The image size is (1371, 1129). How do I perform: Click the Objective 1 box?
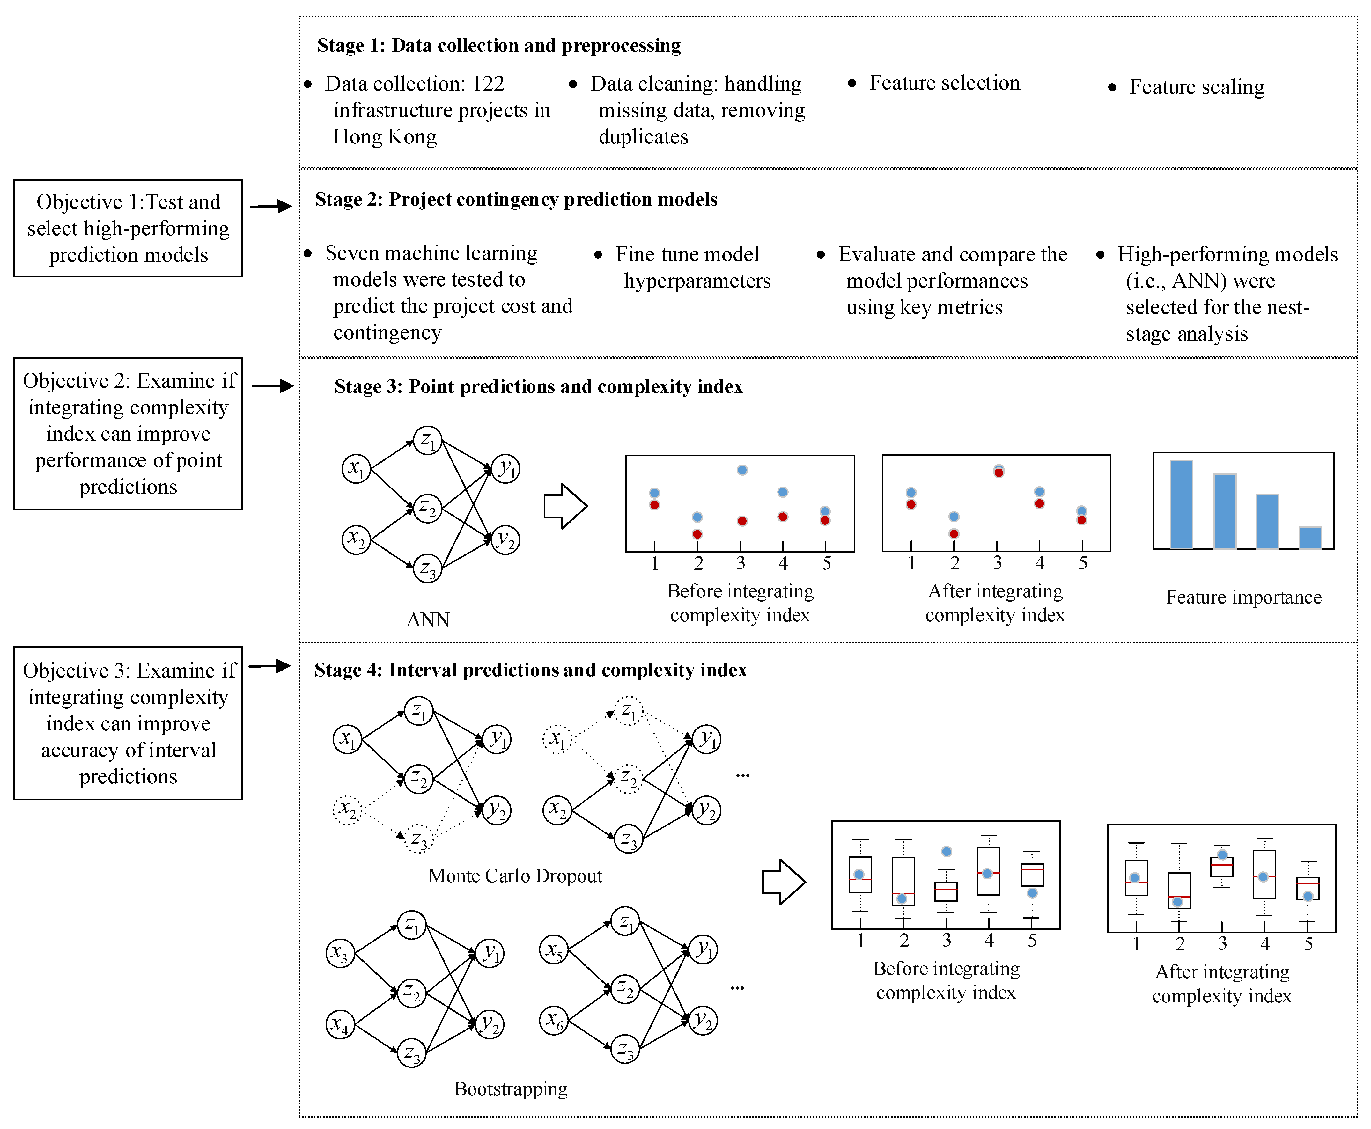click(x=128, y=228)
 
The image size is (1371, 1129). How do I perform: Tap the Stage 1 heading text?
click(x=499, y=46)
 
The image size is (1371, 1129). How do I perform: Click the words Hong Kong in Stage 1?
click(x=385, y=137)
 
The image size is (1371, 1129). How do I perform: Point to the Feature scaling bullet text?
click(x=1197, y=86)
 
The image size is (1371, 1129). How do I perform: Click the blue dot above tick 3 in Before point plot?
click(x=742, y=470)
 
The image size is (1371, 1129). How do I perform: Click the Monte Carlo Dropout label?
click(x=515, y=876)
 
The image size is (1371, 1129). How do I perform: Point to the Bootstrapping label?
click(x=511, y=1089)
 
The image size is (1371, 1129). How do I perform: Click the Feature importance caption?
click(x=1243, y=597)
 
